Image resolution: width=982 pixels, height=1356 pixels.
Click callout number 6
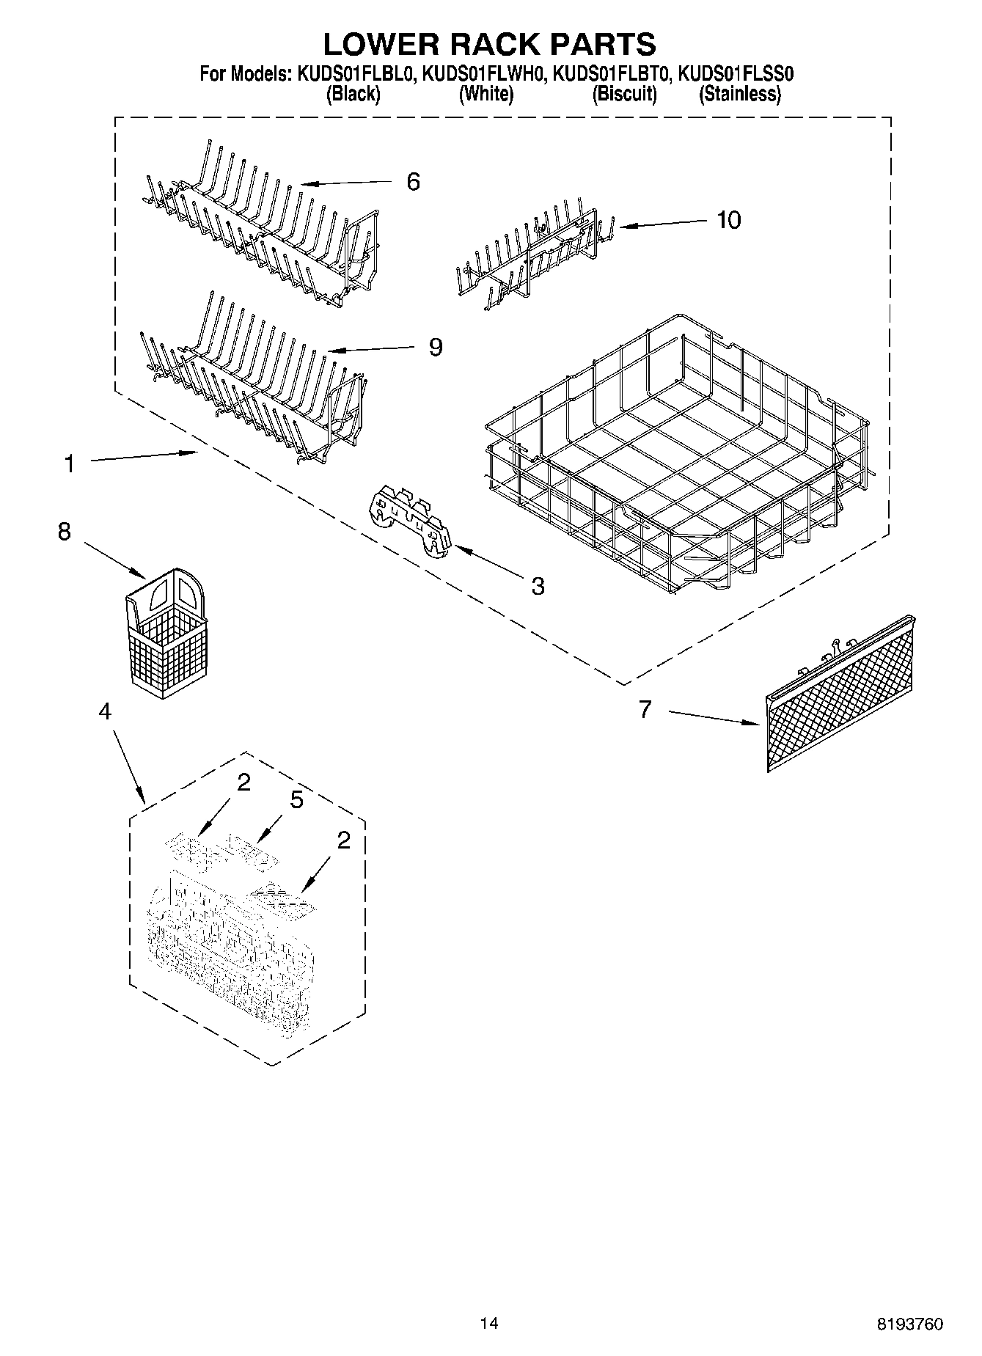[x=413, y=181]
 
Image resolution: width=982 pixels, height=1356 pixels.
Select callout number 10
[x=728, y=219]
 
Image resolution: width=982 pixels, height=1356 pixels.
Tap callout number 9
[x=436, y=346]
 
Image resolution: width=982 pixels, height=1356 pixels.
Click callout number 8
[x=65, y=531]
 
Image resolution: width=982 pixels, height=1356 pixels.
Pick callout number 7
[x=645, y=709]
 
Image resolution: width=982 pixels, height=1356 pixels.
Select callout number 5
[x=296, y=799]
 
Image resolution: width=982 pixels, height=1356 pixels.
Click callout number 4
[x=105, y=711]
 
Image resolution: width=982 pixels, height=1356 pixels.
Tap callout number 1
[x=69, y=463]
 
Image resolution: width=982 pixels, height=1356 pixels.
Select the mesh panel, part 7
[x=840, y=692]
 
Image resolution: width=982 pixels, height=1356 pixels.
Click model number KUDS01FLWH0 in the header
[x=483, y=74]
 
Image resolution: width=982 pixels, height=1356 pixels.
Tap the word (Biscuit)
[x=624, y=94]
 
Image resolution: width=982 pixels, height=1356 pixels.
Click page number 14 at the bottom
[x=488, y=1323]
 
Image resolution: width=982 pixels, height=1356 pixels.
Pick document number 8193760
[x=910, y=1324]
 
